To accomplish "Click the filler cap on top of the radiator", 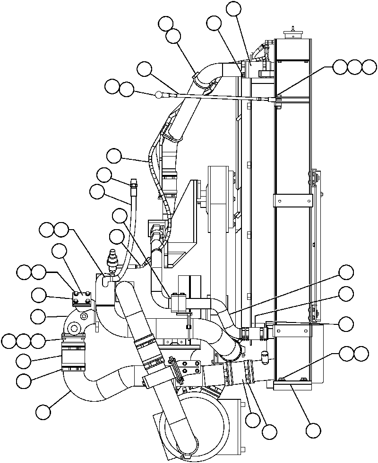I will pyautogui.click(x=292, y=34).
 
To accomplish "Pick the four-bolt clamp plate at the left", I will pyautogui.click(x=81, y=298).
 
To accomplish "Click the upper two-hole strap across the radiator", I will pyautogui.click(x=293, y=200).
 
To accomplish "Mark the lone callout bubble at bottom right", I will pyautogui.click(x=313, y=430).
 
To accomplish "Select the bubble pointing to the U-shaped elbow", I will pyautogui.click(x=43, y=412).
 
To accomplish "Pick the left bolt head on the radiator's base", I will pyautogui.click(x=281, y=378).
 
